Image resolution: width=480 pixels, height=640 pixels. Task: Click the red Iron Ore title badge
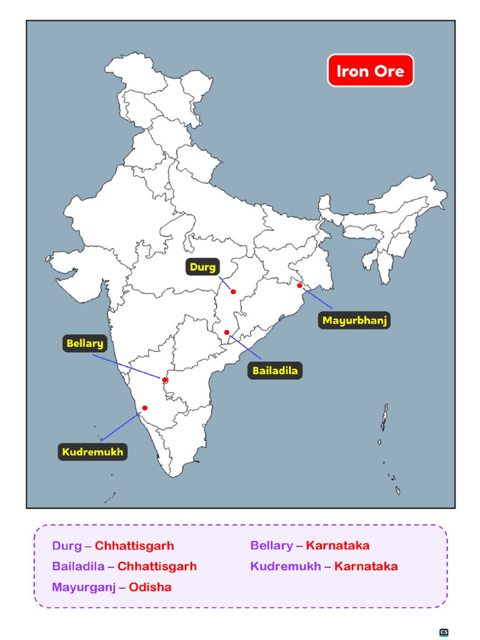click(x=371, y=71)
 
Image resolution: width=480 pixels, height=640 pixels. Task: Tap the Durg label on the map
click(x=203, y=267)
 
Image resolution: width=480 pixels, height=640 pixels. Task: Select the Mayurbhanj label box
click(x=355, y=321)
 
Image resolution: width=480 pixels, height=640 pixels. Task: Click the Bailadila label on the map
click(x=275, y=371)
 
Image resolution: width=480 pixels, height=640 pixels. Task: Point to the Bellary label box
click(x=85, y=343)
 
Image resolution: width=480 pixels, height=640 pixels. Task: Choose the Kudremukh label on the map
click(x=92, y=451)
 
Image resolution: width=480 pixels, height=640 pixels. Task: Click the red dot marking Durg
click(x=233, y=292)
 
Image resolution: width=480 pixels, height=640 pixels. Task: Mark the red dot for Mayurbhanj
click(x=299, y=286)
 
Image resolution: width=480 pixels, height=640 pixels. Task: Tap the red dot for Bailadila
click(x=227, y=332)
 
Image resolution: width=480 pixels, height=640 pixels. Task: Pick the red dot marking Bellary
click(x=165, y=380)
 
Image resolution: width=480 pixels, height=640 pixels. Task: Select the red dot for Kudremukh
click(x=145, y=408)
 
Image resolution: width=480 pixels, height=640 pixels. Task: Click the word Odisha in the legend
click(x=150, y=587)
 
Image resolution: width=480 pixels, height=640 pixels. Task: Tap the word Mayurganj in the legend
click(x=84, y=587)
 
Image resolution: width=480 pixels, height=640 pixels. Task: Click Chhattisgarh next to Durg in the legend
click(x=134, y=546)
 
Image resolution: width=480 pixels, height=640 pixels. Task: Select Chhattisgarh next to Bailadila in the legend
click(x=157, y=566)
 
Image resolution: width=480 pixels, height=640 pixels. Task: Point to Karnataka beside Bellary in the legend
click(x=337, y=546)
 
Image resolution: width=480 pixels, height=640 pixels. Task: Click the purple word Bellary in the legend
click(x=271, y=546)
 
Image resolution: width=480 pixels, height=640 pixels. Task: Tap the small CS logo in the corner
click(x=444, y=632)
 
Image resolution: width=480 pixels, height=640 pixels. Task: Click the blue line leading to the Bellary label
click(x=128, y=367)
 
